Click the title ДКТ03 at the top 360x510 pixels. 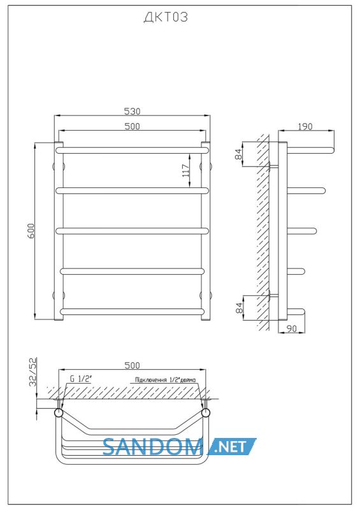point(166,17)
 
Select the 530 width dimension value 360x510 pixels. point(132,111)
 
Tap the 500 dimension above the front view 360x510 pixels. point(132,126)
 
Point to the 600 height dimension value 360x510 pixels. point(31,231)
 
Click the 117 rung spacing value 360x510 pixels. point(185,170)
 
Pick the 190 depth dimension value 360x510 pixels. point(305,126)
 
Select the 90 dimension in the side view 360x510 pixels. point(292,329)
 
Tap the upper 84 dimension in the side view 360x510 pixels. point(238,154)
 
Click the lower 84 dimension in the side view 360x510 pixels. point(238,308)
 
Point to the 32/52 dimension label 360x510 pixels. point(33,372)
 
